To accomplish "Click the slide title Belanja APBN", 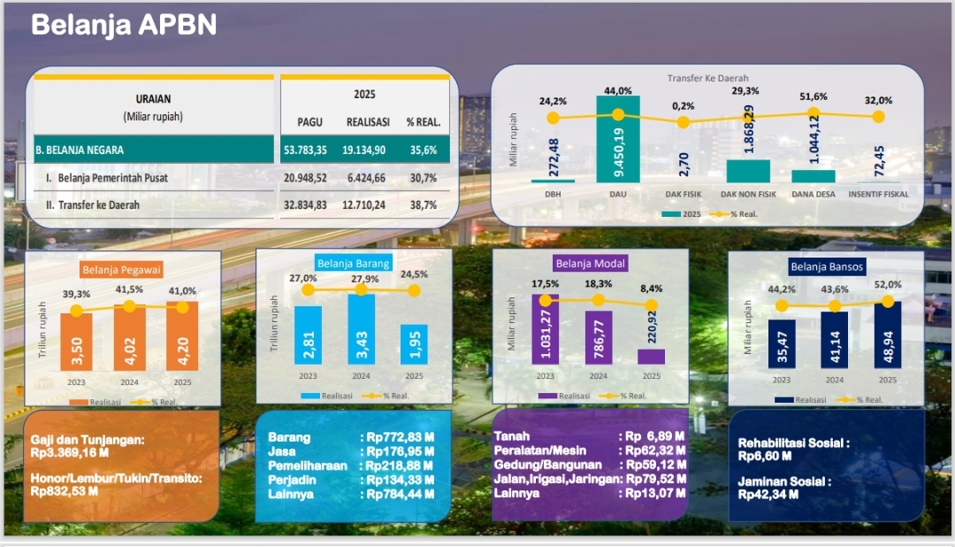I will (124, 25).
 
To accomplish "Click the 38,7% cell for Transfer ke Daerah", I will (423, 205).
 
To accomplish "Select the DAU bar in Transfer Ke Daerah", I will (618, 139).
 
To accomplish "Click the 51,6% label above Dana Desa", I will (814, 96).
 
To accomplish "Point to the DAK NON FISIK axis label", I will (747, 193).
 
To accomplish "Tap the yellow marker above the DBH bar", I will (553, 117).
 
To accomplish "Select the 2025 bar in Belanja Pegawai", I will (182, 336).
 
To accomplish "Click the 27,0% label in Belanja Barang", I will (303, 278).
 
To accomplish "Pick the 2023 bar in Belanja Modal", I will (546, 328).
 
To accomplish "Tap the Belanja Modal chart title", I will (591, 263).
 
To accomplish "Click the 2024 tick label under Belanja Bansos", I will (835, 379).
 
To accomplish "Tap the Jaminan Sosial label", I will (784, 482).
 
